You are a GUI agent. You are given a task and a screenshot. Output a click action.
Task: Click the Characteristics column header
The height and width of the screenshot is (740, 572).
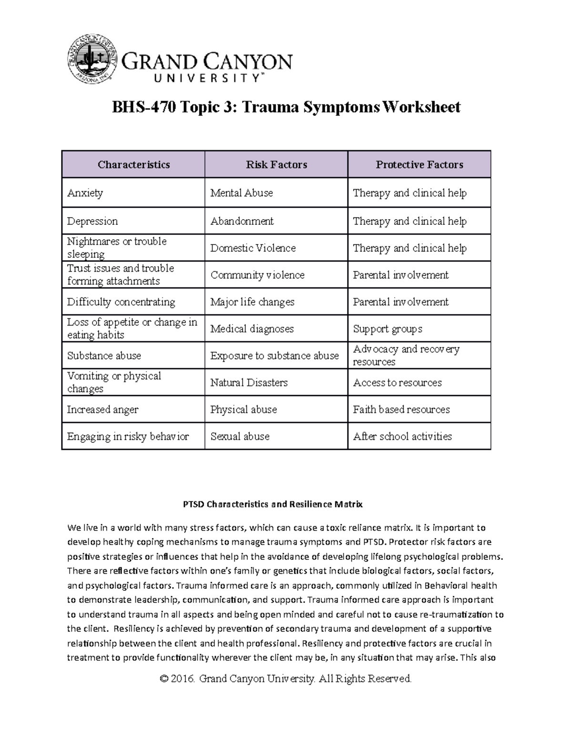tap(133, 165)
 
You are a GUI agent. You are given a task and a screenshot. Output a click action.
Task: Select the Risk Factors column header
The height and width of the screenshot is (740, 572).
tap(276, 165)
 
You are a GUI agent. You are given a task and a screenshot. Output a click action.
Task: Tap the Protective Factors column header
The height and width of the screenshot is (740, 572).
tap(419, 165)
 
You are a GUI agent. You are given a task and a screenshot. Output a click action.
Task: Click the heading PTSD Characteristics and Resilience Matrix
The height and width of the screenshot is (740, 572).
tap(273, 504)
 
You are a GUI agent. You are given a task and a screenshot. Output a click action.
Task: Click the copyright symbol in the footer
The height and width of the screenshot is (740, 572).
tap(164, 679)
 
